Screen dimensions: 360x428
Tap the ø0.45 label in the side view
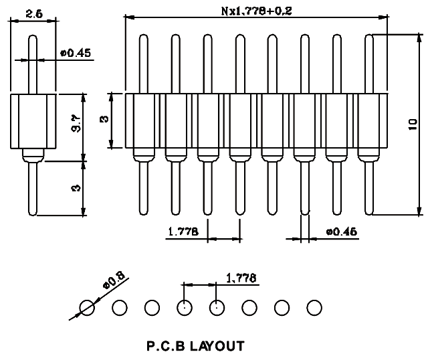(x=76, y=53)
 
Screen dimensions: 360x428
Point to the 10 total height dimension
(x=413, y=124)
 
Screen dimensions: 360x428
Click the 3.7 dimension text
(x=76, y=125)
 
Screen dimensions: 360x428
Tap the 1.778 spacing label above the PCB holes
(x=242, y=277)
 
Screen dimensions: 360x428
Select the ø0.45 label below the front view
(x=341, y=232)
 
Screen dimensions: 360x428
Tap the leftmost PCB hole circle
(x=88, y=308)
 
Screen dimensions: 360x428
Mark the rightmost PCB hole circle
(x=314, y=308)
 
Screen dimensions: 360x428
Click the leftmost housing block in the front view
(x=141, y=120)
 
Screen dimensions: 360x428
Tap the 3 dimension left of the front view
(x=104, y=120)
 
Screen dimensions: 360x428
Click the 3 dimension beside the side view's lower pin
(x=76, y=188)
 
